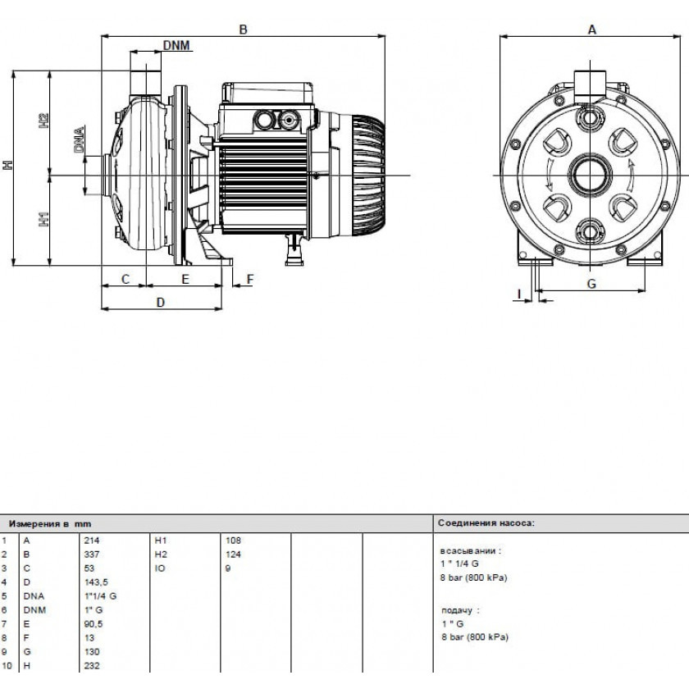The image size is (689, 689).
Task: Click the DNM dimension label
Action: (176, 45)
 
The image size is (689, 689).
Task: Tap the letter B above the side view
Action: (243, 30)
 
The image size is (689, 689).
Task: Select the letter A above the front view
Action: (592, 30)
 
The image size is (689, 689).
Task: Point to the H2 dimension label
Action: (43, 121)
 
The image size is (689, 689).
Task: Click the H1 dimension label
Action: (43, 219)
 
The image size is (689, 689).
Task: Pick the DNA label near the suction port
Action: (79, 139)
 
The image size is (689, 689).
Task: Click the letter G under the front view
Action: (591, 284)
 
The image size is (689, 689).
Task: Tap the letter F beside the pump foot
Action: (250, 279)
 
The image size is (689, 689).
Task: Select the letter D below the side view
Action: (161, 303)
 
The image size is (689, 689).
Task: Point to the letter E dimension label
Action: (185, 279)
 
